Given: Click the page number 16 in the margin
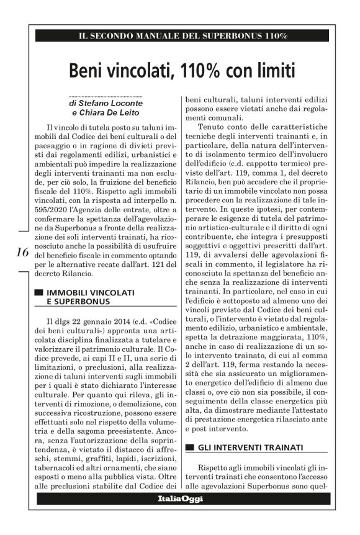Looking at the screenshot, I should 22,252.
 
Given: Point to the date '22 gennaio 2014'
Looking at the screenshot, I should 92,321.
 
